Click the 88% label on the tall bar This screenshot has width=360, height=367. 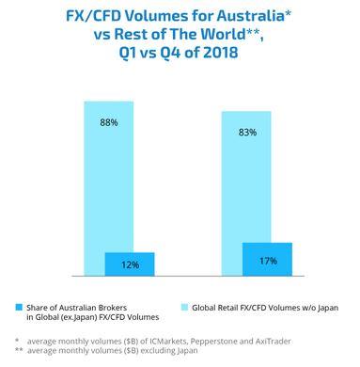click(x=111, y=122)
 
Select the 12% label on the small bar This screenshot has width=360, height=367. click(x=130, y=264)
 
